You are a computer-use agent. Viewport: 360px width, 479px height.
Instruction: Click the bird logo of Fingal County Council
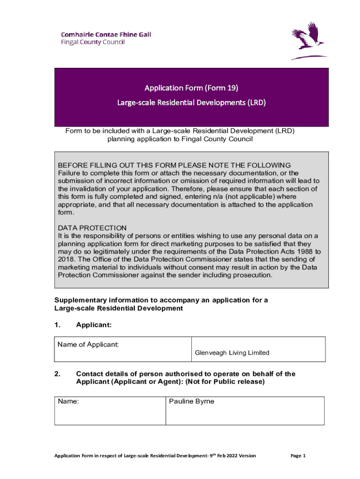point(309,42)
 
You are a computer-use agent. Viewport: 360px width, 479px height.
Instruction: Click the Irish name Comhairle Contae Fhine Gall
point(106,34)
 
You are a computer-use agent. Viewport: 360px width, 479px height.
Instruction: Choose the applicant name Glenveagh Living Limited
point(232,353)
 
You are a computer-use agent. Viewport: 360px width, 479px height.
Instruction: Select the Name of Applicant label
point(88,345)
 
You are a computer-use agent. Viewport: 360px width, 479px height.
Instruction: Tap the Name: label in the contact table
point(68,401)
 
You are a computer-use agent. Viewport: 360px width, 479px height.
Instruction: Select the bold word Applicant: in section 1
point(94,324)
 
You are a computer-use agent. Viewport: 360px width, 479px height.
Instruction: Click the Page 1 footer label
point(298,456)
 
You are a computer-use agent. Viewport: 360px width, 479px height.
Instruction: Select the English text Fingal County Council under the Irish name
point(94,42)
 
